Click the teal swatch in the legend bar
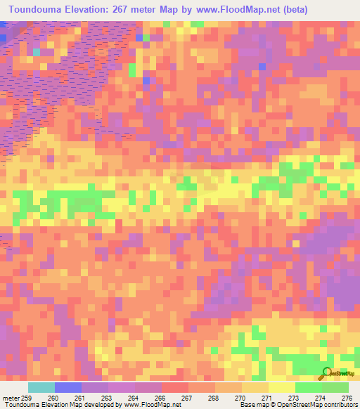pyautogui.click(x=41, y=387)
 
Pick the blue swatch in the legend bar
pyautogui.click(x=68, y=387)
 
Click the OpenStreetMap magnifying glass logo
pyautogui.click(x=326, y=373)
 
